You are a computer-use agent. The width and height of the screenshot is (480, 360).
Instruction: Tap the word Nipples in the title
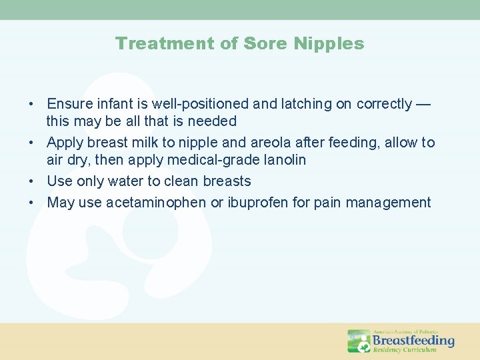(331, 44)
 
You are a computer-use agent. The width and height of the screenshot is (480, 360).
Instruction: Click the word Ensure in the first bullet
(68, 104)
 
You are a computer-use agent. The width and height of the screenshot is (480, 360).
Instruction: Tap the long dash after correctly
(423, 104)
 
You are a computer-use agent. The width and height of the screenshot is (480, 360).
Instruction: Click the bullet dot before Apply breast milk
(31, 143)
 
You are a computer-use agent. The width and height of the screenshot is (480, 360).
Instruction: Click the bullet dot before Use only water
(31, 181)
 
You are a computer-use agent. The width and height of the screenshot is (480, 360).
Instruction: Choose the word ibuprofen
(262, 203)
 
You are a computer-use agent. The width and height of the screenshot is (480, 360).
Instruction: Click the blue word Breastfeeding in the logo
(413, 340)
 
